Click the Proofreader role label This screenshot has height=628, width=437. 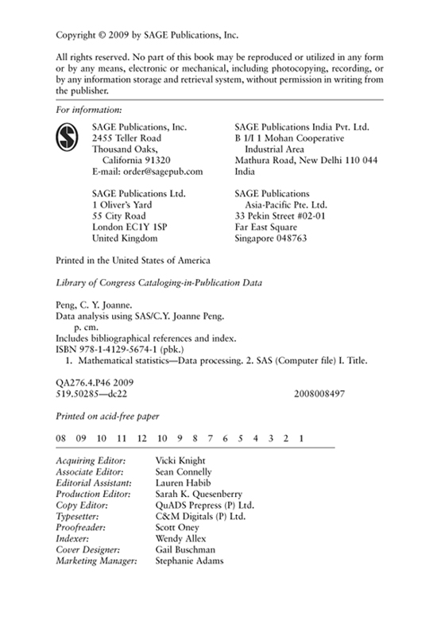click(x=83, y=527)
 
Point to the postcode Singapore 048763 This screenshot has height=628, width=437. click(x=275, y=238)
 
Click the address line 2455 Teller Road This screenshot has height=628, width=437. click(x=130, y=138)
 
